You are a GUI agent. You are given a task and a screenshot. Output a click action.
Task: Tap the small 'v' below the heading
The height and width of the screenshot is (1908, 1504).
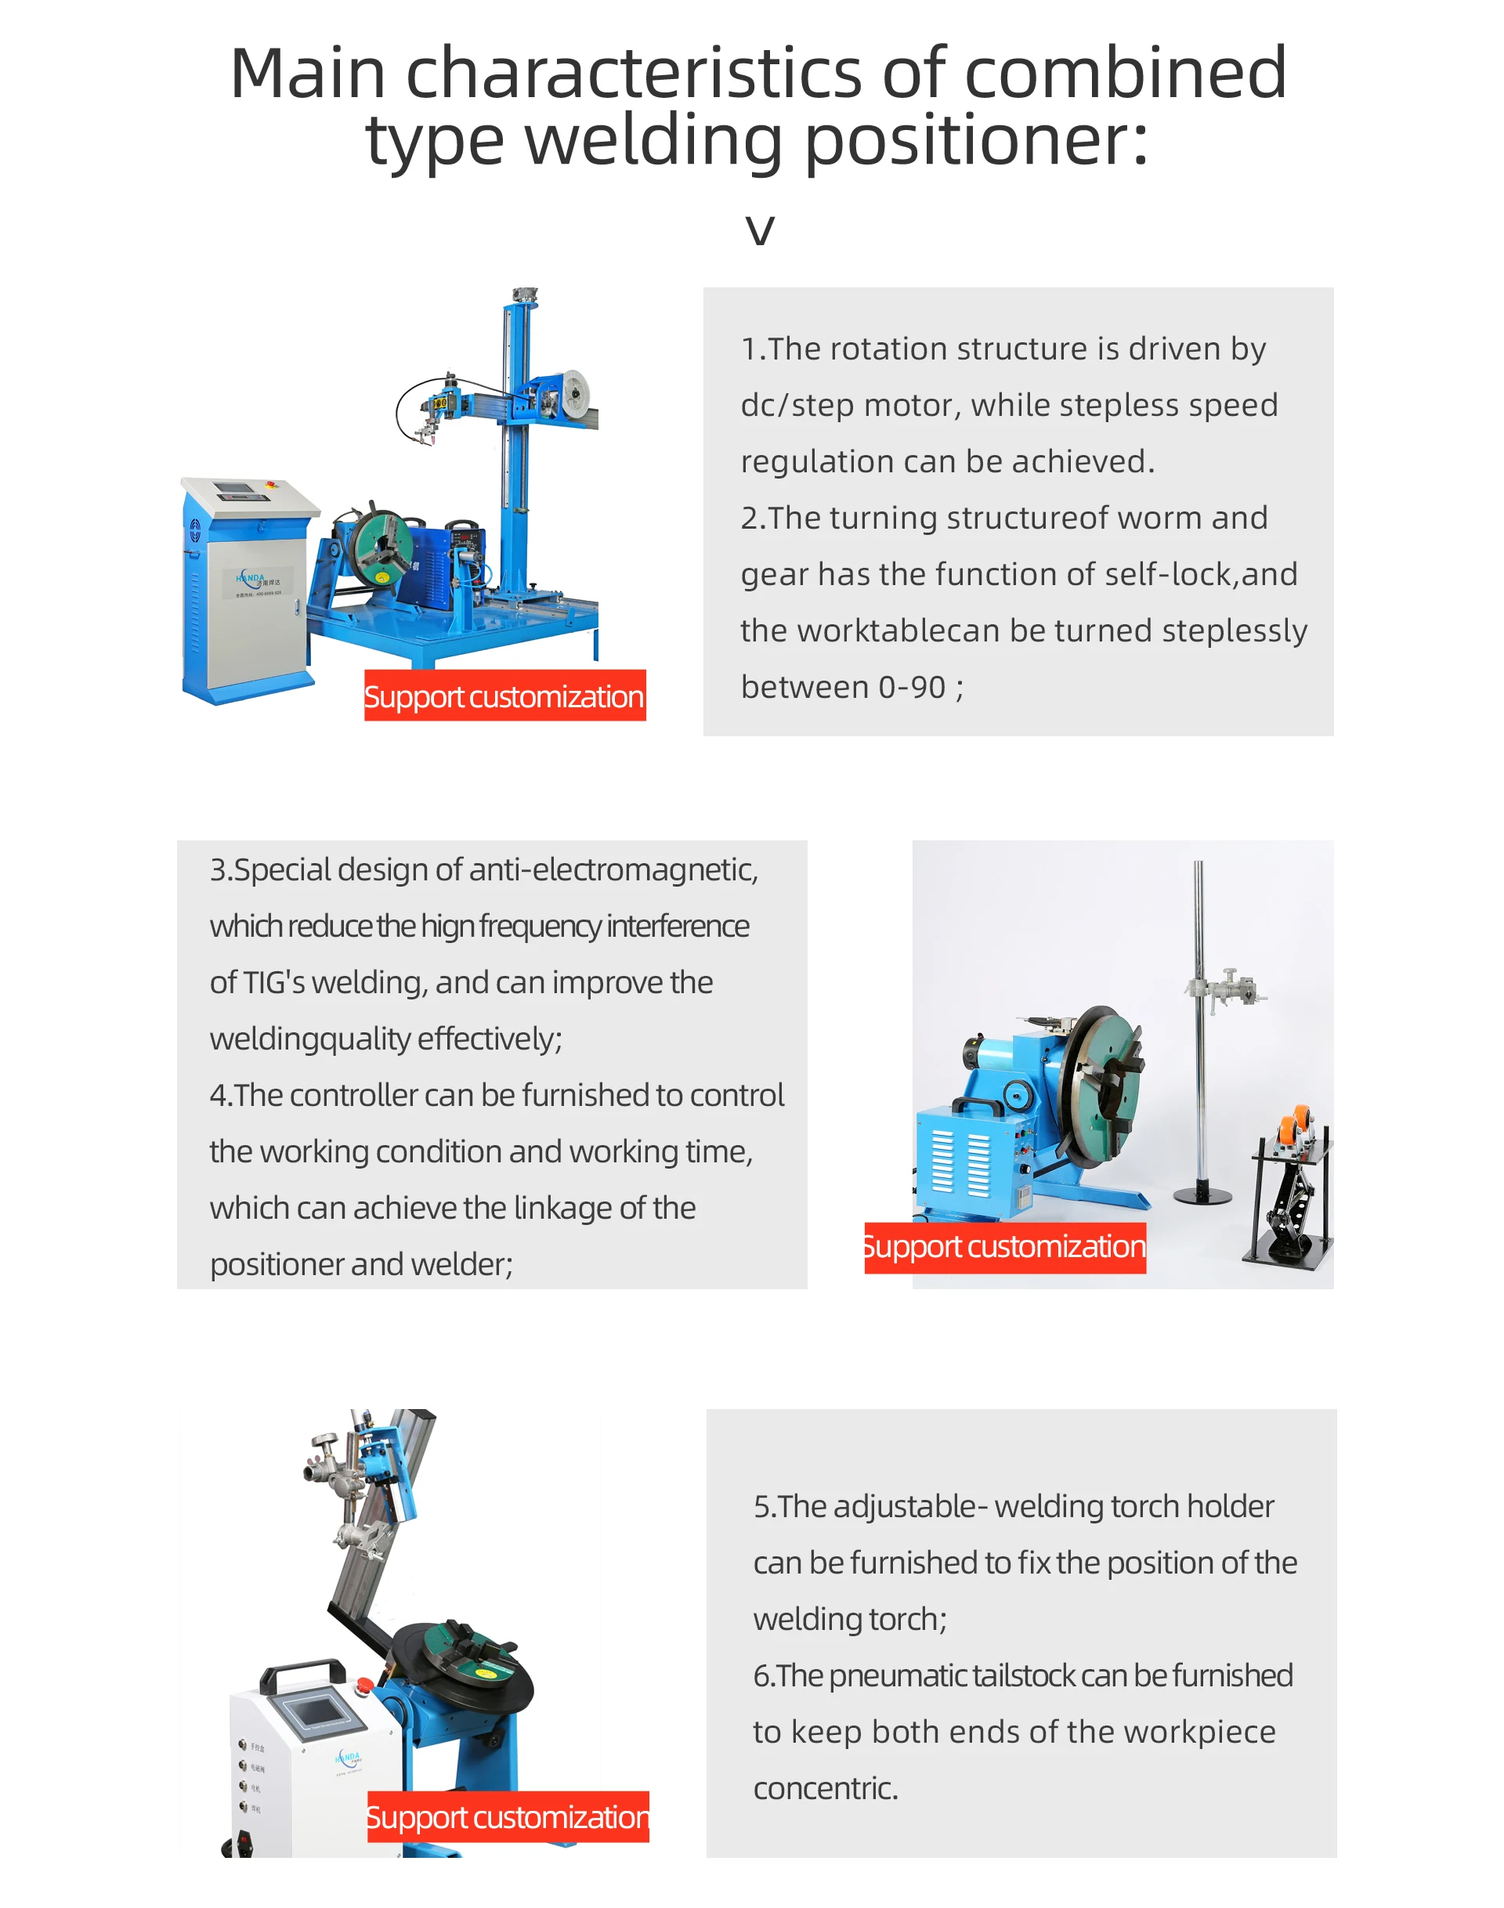click(x=759, y=231)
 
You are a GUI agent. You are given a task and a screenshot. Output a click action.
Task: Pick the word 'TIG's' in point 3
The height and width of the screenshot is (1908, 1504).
click(x=274, y=983)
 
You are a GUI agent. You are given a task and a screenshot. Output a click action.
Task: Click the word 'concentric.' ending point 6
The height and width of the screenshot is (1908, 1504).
click(x=825, y=1788)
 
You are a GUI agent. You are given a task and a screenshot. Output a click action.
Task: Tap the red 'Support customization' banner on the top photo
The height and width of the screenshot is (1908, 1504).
click(x=504, y=696)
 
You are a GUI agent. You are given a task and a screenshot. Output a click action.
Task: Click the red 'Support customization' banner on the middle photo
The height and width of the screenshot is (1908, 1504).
click(x=1005, y=1247)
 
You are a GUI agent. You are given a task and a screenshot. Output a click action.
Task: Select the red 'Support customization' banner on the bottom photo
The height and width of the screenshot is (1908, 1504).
click(x=508, y=1816)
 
